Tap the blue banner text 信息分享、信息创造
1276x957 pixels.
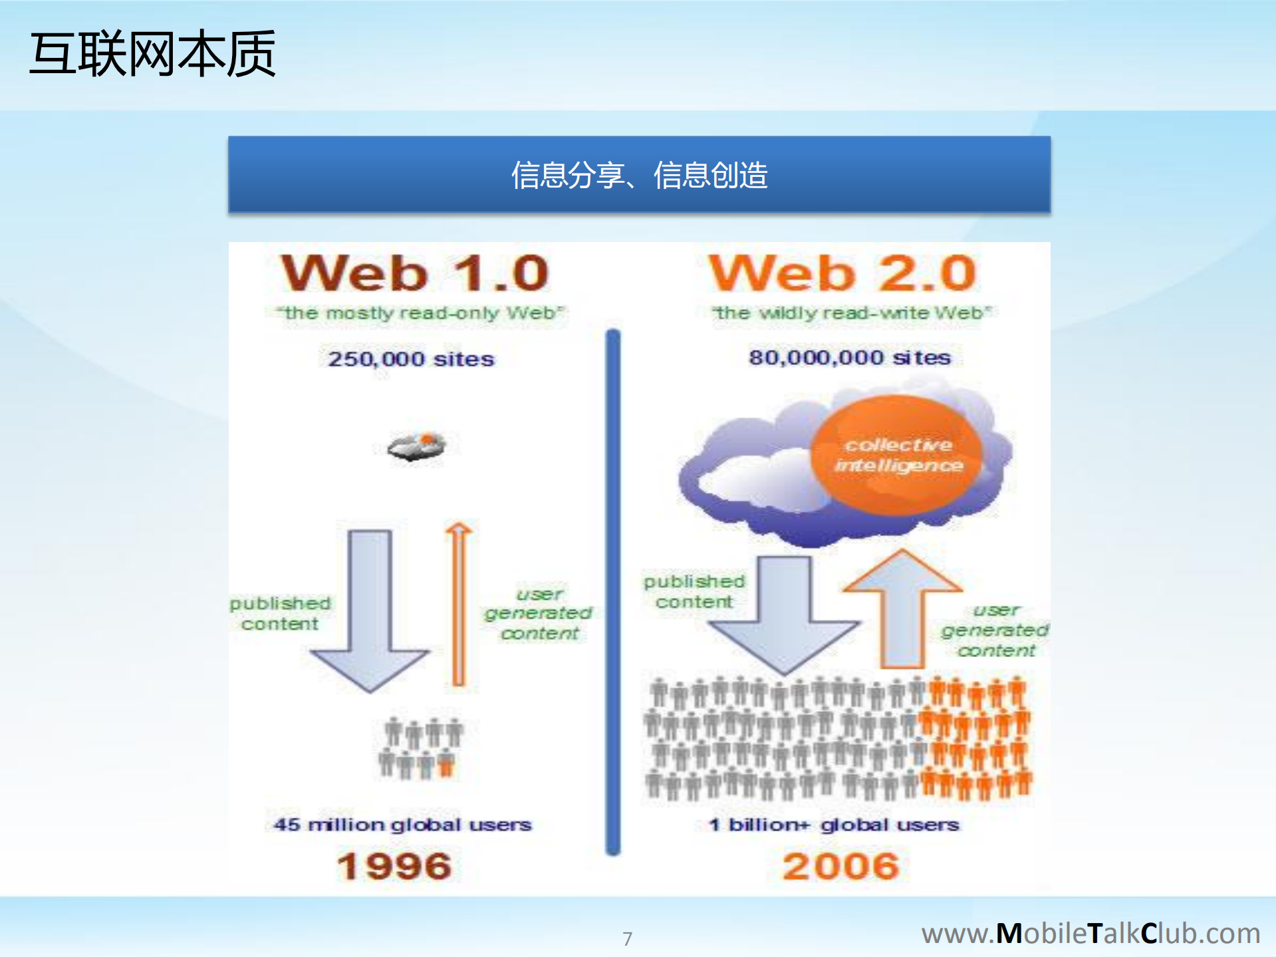coord(639,176)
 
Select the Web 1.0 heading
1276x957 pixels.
coord(415,273)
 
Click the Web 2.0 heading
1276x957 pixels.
coord(842,273)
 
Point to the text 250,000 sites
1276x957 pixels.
coord(411,359)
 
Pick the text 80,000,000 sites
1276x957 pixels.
coord(849,358)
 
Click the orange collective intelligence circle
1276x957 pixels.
coord(898,455)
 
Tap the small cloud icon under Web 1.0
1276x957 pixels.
coord(417,447)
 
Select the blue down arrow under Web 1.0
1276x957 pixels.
coord(370,612)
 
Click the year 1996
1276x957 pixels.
coord(394,866)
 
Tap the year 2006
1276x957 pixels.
coord(840,866)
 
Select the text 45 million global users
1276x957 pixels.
coord(402,825)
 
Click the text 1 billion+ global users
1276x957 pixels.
coord(834,825)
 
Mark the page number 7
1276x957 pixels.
coord(627,938)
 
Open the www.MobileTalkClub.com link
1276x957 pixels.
coord(1090,933)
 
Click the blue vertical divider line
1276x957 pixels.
coord(612,592)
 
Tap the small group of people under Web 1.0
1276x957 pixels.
coord(420,748)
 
